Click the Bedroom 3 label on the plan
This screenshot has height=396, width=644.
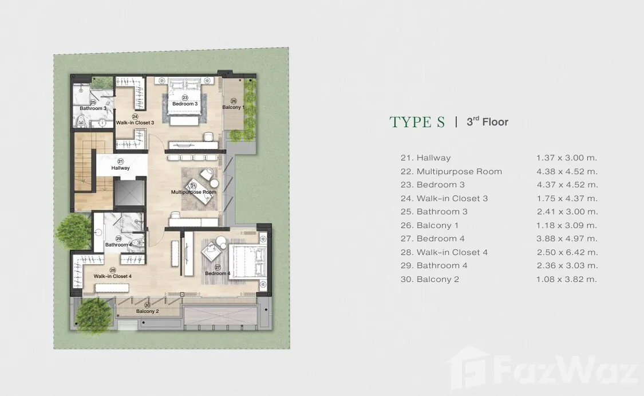tap(185, 104)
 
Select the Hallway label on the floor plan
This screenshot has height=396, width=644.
tap(120, 168)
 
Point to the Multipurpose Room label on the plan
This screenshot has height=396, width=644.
tap(193, 192)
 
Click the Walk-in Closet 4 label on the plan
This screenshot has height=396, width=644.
tap(113, 276)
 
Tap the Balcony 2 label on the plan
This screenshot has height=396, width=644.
tap(148, 311)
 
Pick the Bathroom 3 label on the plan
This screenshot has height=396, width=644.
tap(93, 108)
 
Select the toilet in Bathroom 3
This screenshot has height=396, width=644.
tap(81, 120)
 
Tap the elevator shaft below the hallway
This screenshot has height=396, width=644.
tap(129, 192)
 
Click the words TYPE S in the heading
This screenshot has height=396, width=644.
tap(417, 122)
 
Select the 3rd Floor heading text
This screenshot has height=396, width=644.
tap(488, 121)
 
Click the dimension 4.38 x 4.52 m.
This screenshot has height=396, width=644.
tap(567, 171)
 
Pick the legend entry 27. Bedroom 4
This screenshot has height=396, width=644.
tap(433, 238)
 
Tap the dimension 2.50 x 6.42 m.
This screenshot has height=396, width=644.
tap(567, 252)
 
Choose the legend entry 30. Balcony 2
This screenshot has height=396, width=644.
tap(429, 279)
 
